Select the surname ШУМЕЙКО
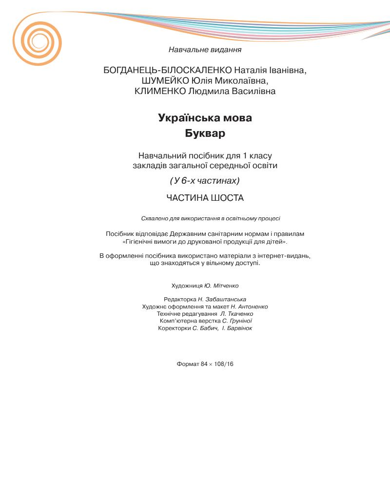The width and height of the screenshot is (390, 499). pos(157,81)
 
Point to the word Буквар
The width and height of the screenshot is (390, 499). pos(205,133)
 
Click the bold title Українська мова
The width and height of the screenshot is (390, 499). pos(205,118)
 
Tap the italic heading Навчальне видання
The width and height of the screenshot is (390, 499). pos(205,49)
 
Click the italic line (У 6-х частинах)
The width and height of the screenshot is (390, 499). pos(205,181)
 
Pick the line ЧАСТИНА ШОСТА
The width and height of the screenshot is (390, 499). pos(205,198)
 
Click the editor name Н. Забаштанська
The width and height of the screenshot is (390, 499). pos(222,299)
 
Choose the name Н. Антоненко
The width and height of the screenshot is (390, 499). pos(249,307)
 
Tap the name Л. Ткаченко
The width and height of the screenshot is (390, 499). pos(236,314)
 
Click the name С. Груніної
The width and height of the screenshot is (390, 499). pos(237,321)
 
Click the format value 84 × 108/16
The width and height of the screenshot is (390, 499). pos(217,364)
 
